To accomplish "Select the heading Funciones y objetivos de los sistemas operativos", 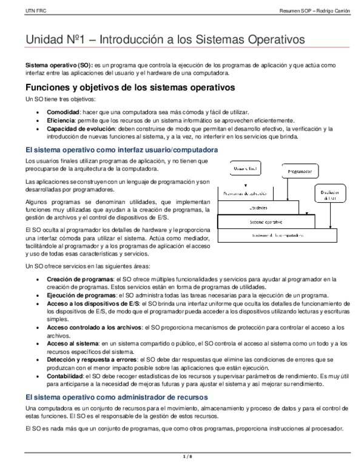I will pyautogui.click(x=126, y=87).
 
